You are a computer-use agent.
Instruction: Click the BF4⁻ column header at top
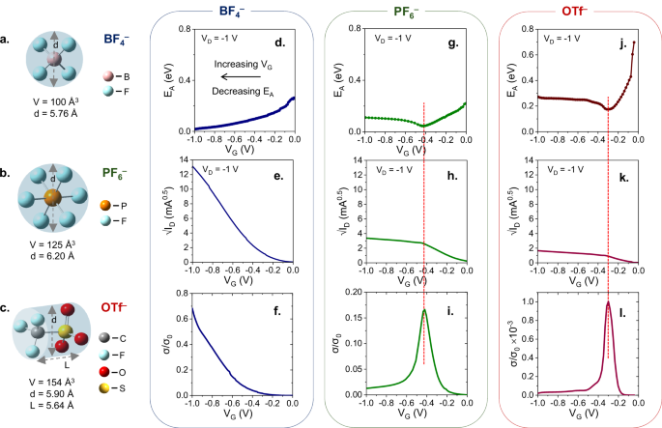237,13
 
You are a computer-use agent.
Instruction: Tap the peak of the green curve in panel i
423,310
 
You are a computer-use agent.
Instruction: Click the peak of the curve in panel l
608,302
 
